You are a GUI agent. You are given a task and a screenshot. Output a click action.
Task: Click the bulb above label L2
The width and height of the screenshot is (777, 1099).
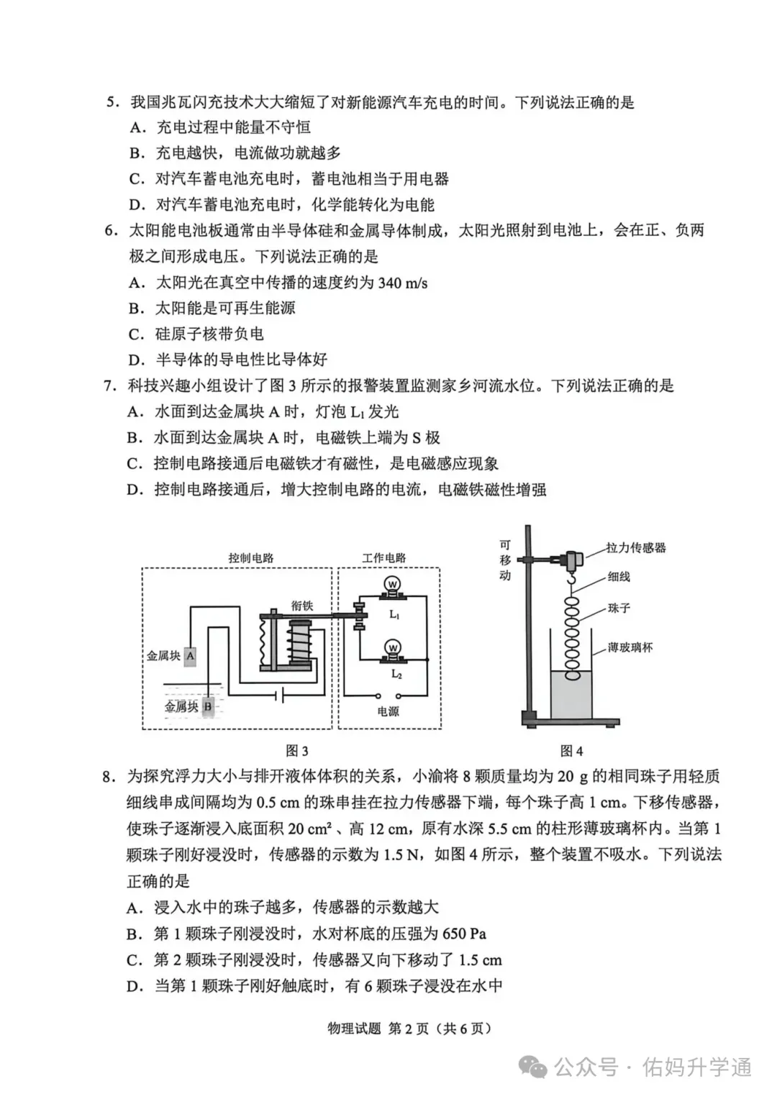pyautogui.click(x=392, y=648)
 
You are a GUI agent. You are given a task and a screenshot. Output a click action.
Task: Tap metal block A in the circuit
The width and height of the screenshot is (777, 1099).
pyautogui.click(x=190, y=655)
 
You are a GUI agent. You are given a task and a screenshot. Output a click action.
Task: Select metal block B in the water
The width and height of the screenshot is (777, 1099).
pyautogui.click(x=208, y=706)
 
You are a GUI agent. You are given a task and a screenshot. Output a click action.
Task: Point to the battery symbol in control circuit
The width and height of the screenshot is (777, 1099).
pyautogui.click(x=279, y=696)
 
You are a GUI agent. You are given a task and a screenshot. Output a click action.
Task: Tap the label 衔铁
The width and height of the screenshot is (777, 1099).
pyautogui.click(x=302, y=606)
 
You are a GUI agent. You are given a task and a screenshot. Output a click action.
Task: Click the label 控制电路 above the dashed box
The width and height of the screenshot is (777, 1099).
pyautogui.click(x=251, y=558)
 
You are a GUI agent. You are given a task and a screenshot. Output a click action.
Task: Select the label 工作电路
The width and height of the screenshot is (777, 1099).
pyautogui.click(x=384, y=558)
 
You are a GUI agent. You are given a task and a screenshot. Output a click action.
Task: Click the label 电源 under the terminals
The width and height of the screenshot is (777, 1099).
pyautogui.click(x=388, y=711)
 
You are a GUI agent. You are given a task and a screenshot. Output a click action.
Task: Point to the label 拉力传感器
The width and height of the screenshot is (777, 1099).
pyautogui.click(x=636, y=548)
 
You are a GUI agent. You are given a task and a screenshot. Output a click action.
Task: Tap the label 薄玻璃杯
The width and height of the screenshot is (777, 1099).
pyautogui.click(x=630, y=647)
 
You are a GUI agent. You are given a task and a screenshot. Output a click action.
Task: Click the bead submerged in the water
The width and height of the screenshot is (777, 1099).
pyautogui.click(x=572, y=675)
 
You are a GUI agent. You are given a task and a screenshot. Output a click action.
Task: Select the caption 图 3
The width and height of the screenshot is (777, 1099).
pyautogui.click(x=297, y=751)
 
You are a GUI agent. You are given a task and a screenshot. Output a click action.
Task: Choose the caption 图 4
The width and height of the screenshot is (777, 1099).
pyautogui.click(x=571, y=751)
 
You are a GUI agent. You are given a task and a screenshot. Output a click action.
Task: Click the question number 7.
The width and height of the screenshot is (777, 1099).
pyautogui.click(x=109, y=386)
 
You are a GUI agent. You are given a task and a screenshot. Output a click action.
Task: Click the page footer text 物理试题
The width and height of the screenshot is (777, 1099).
pyautogui.click(x=354, y=1028)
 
